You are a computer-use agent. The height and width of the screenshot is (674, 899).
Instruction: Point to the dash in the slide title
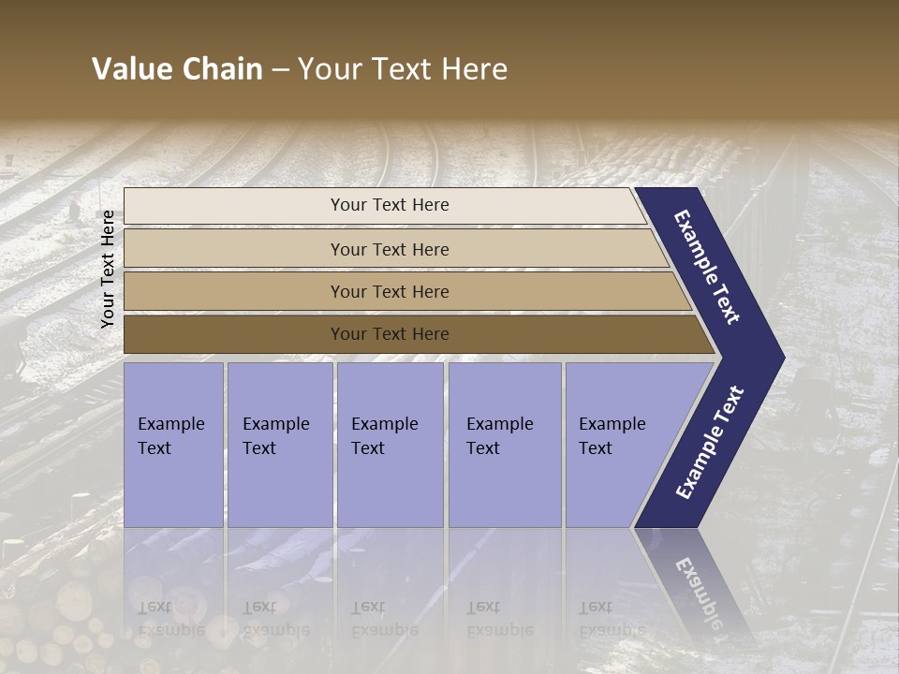[x=280, y=70]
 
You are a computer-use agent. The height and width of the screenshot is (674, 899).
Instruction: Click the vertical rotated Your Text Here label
[x=108, y=269]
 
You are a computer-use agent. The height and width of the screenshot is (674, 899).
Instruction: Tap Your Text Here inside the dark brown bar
[x=390, y=334]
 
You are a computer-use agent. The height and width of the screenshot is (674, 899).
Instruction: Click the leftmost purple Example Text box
[x=173, y=445]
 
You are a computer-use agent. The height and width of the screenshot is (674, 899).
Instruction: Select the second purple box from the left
[x=280, y=445]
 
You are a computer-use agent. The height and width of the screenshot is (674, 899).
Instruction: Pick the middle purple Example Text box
[x=390, y=445]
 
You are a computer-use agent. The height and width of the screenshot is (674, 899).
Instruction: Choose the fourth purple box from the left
[x=505, y=445]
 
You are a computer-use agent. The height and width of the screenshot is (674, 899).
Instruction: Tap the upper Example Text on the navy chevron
[x=707, y=267]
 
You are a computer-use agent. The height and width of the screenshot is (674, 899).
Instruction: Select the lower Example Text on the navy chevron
[x=710, y=443]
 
